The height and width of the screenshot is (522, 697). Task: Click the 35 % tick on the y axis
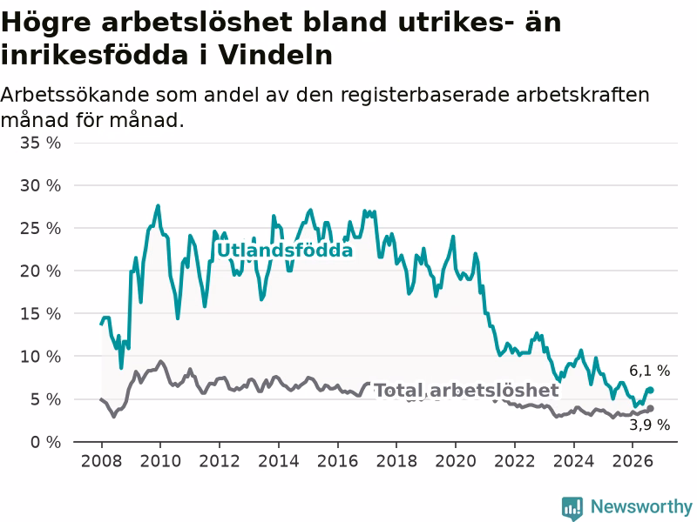click(40, 143)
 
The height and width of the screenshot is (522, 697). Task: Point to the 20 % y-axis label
click(40, 271)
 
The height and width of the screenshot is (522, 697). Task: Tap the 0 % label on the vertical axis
click(46, 442)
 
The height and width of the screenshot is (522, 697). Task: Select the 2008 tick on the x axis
click(101, 461)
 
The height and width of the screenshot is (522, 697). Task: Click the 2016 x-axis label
click(337, 461)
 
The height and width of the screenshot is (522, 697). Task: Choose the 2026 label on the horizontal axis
click(633, 461)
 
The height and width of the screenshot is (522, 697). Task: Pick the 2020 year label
click(456, 461)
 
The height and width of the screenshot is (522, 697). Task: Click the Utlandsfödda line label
click(285, 251)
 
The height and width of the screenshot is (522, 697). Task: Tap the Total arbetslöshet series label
click(466, 391)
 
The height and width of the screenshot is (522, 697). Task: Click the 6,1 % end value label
click(649, 371)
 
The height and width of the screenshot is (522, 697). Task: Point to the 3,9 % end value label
click(649, 425)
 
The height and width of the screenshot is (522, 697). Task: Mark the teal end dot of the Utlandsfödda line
click(650, 390)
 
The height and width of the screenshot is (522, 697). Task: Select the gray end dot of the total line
click(650, 408)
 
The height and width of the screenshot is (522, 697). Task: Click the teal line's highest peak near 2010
click(159, 205)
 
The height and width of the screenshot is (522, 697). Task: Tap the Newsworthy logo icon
click(572, 508)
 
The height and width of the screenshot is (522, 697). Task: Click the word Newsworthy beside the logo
click(641, 506)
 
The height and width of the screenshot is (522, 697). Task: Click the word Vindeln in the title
click(275, 55)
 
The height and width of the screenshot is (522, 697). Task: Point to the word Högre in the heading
click(46, 23)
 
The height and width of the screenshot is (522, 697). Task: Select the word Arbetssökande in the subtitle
click(75, 95)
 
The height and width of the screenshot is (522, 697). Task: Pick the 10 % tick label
click(40, 357)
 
